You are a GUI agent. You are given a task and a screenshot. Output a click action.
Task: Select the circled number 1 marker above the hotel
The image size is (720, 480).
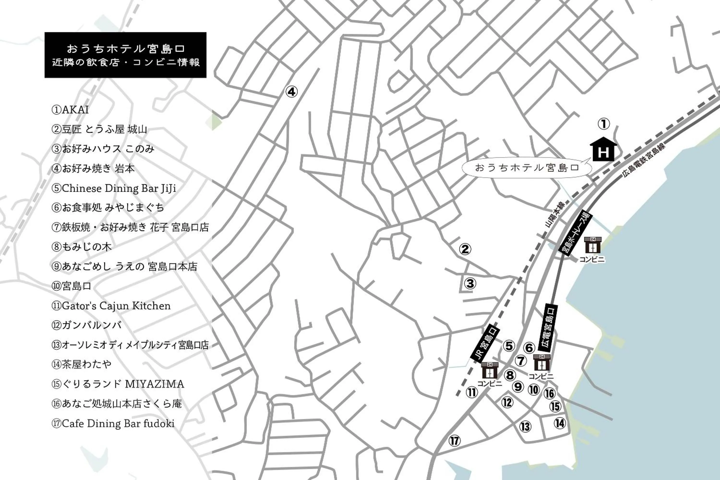604,124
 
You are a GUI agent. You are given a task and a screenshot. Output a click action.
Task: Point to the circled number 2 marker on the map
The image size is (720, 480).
465,249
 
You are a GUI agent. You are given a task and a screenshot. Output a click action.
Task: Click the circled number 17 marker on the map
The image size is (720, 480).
455,441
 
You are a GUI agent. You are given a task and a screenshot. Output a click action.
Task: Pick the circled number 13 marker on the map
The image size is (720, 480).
525,427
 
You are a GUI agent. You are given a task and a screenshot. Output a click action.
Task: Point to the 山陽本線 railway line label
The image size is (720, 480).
555,214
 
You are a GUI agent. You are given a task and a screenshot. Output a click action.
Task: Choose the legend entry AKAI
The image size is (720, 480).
71,110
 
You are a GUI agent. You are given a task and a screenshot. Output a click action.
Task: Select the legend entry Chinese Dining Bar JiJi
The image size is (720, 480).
114,188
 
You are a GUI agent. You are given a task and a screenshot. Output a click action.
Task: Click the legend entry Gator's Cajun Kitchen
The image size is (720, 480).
111,306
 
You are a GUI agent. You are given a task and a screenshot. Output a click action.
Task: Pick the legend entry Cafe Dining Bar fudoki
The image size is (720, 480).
113,423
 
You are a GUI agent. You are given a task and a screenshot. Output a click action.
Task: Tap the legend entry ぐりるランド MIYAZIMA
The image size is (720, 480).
118,384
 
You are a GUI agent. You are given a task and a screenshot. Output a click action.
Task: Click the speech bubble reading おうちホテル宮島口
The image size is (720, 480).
526,168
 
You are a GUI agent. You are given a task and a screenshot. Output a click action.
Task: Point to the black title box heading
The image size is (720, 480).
125,55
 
